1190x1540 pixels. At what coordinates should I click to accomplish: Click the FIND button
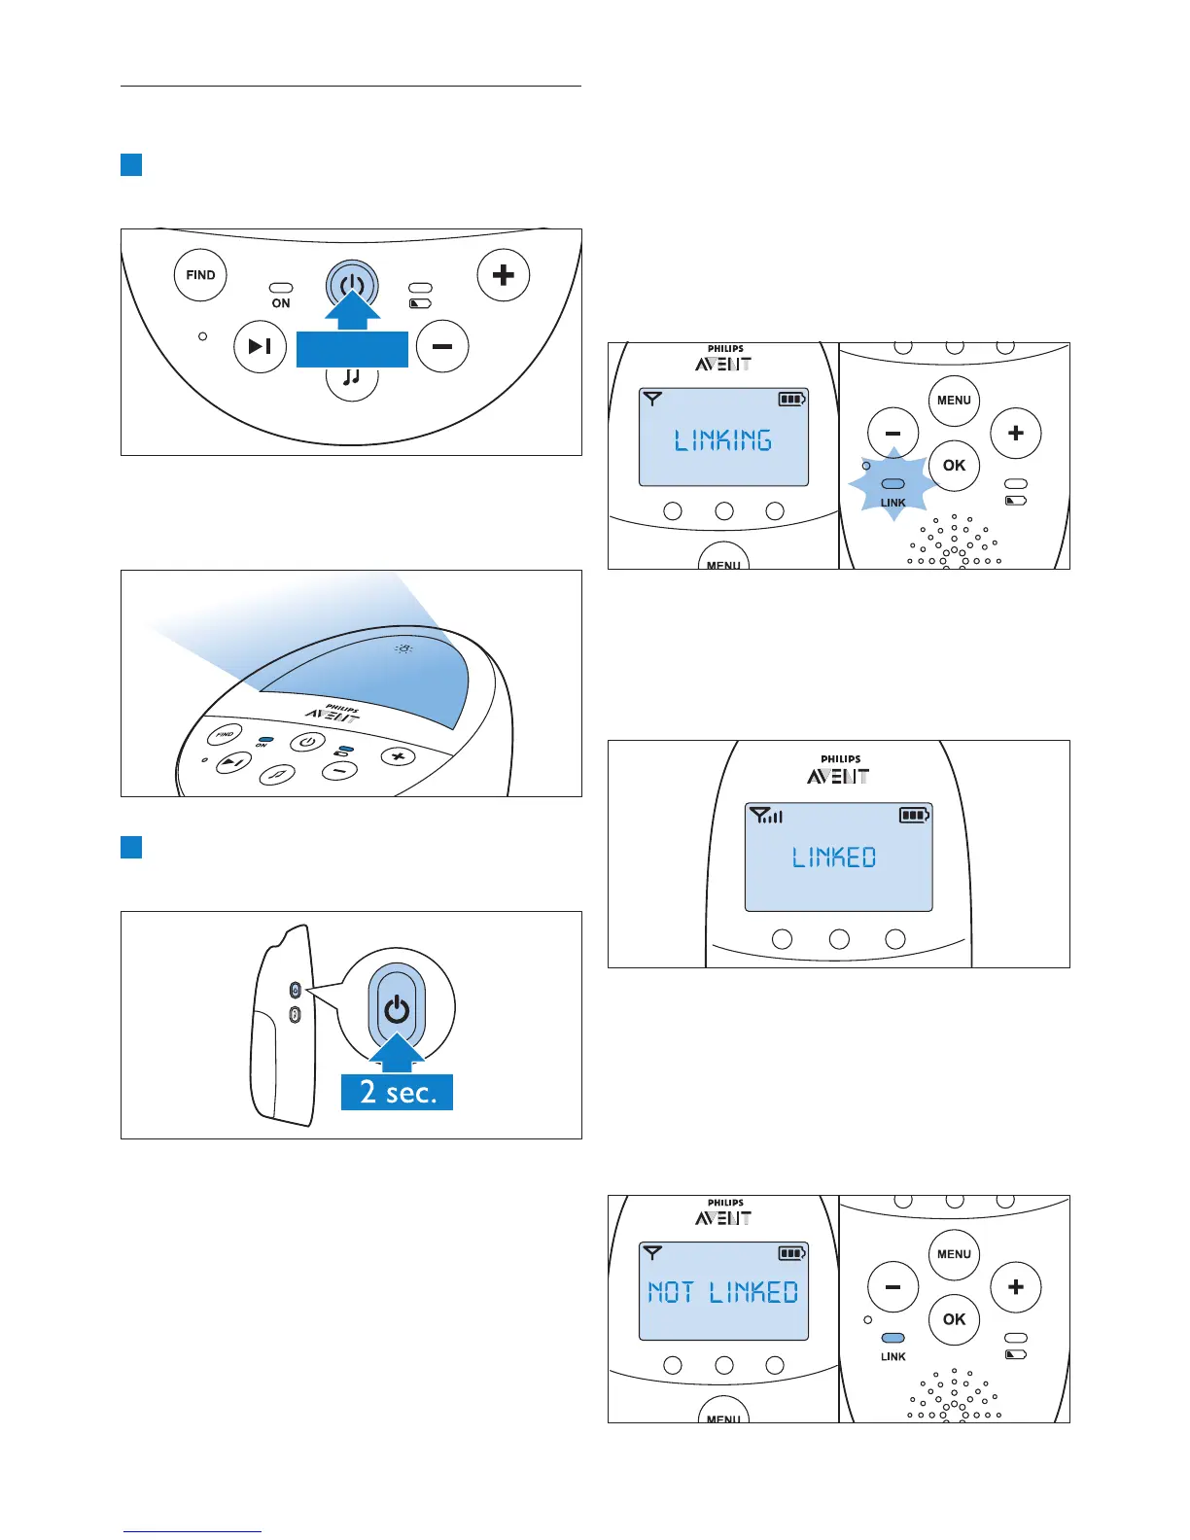(x=200, y=275)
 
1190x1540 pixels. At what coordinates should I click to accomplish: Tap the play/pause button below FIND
(x=260, y=346)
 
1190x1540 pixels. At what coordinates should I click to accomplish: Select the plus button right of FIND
(x=503, y=275)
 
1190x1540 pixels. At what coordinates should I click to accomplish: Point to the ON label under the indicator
(x=281, y=303)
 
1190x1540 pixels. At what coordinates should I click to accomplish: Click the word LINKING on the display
(x=723, y=440)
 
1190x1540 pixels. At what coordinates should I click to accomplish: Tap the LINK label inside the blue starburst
(x=892, y=503)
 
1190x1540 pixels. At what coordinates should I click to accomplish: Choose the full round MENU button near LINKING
(x=954, y=401)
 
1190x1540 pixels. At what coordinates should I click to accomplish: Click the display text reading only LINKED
(x=834, y=857)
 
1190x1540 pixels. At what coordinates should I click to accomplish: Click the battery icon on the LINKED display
(x=915, y=815)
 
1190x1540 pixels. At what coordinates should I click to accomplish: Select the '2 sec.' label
(x=398, y=1092)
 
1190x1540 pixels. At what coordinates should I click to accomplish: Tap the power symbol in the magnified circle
(x=397, y=1010)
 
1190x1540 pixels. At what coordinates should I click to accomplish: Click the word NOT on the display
(x=671, y=1292)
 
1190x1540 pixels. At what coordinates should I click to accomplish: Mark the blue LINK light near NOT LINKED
(x=892, y=1338)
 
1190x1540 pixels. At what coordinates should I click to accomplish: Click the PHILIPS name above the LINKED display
(x=840, y=759)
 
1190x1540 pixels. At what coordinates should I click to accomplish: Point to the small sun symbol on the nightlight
(x=403, y=648)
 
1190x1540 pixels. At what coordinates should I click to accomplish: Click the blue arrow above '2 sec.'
(x=397, y=1054)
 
